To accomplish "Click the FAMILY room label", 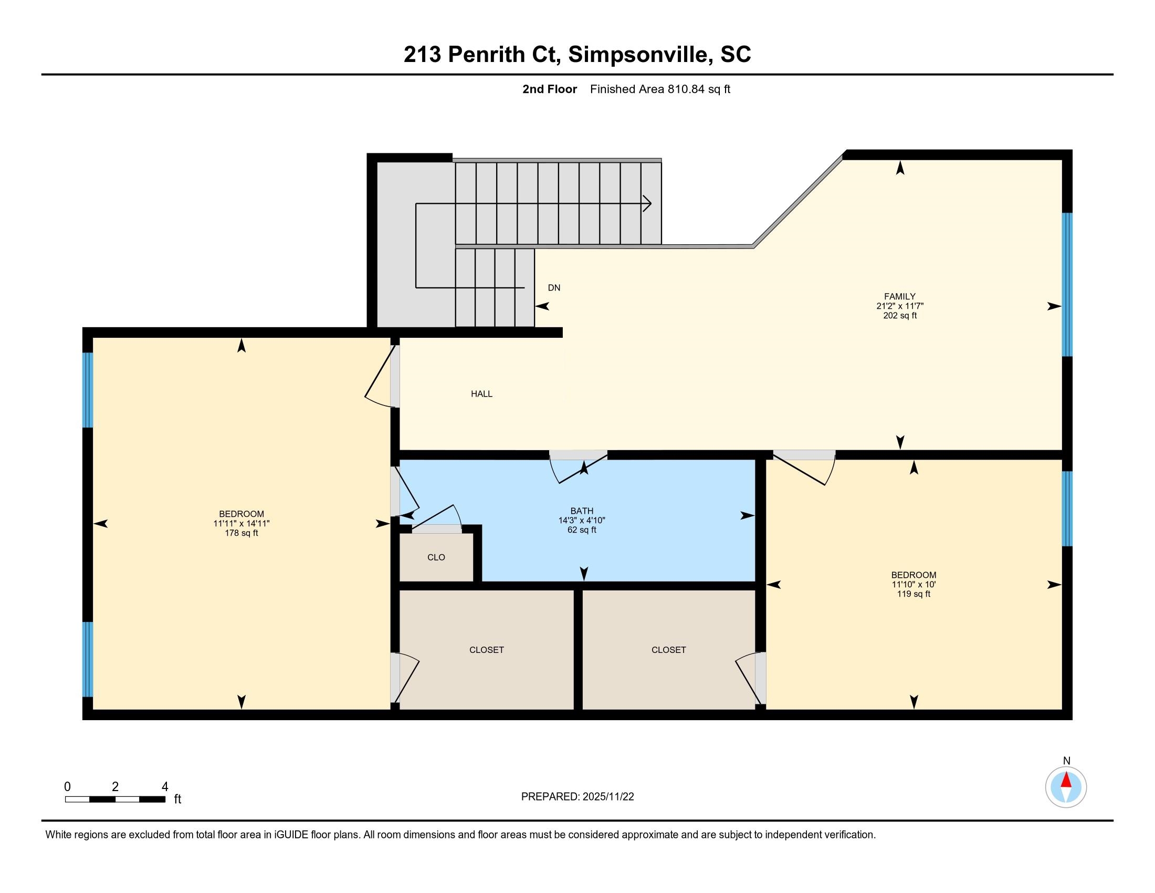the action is [x=899, y=296].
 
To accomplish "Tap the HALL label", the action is [x=482, y=393].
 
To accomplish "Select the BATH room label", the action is [x=582, y=511].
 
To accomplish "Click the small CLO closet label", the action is [x=436, y=557].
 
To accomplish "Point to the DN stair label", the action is [x=554, y=288].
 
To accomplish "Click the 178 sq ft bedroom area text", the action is [x=241, y=533].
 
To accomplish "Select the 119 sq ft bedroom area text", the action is [x=913, y=594].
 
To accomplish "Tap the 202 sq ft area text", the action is [x=899, y=316].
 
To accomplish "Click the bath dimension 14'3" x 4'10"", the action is [x=582, y=521].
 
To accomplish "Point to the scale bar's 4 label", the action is [x=165, y=787].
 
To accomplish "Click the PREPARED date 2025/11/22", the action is [x=608, y=797].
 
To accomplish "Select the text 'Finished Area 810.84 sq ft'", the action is [x=660, y=89].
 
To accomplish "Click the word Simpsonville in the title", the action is [x=638, y=55].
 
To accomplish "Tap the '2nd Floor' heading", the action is [x=550, y=89].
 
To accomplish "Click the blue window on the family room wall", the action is [x=1067, y=285].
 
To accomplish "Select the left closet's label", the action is [x=487, y=650].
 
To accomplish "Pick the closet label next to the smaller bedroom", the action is [x=668, y=650].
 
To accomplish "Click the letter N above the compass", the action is [x=1067, y=761].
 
